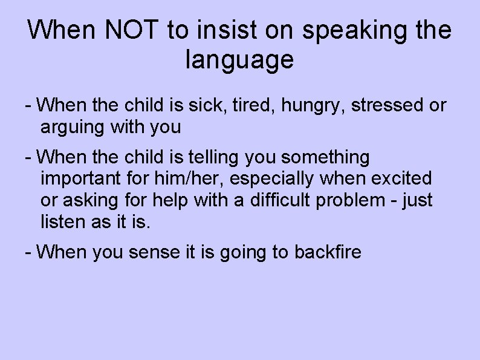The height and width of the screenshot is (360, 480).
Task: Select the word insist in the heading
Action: coord(230,30)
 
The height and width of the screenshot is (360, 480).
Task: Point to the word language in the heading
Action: coord(239,61)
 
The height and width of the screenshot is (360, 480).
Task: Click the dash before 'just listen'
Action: coord(394,200)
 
